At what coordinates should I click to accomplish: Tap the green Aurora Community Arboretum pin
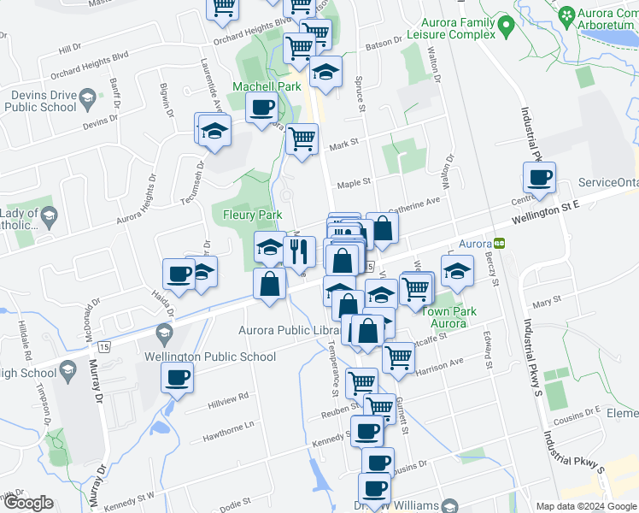pos(566,15)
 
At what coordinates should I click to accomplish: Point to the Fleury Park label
pos(252,215)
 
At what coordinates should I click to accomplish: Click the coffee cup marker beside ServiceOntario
pos(539,178)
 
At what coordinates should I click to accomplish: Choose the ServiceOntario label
pos(607,183)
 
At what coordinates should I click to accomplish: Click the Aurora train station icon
pos(500,242)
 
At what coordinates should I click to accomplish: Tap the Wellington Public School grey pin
pos(163,333)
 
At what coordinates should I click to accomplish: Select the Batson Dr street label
pos(384,42)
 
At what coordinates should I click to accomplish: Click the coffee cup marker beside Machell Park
pos(261,108)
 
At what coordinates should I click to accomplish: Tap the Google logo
pos(28,502)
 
